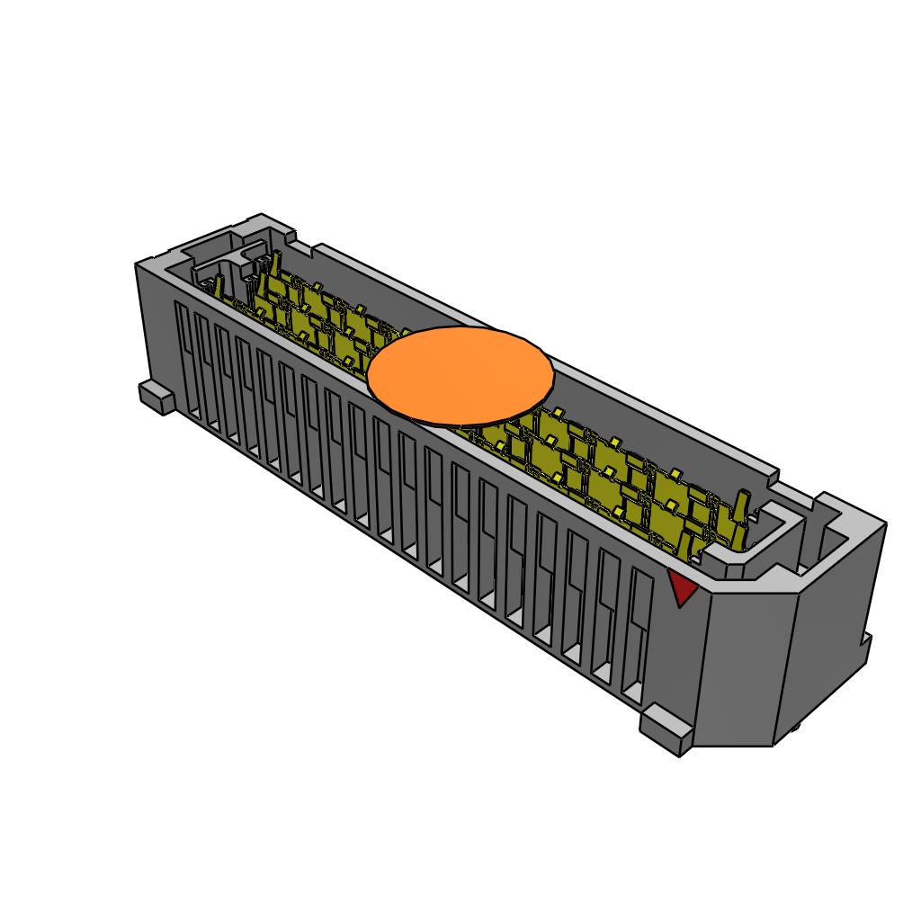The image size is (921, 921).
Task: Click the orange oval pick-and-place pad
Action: coord(460,376)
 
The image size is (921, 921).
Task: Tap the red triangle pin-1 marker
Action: coord(683,588)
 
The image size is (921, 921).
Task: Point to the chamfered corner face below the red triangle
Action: coord(742,666)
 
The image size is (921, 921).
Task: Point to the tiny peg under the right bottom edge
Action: coord(798,730)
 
